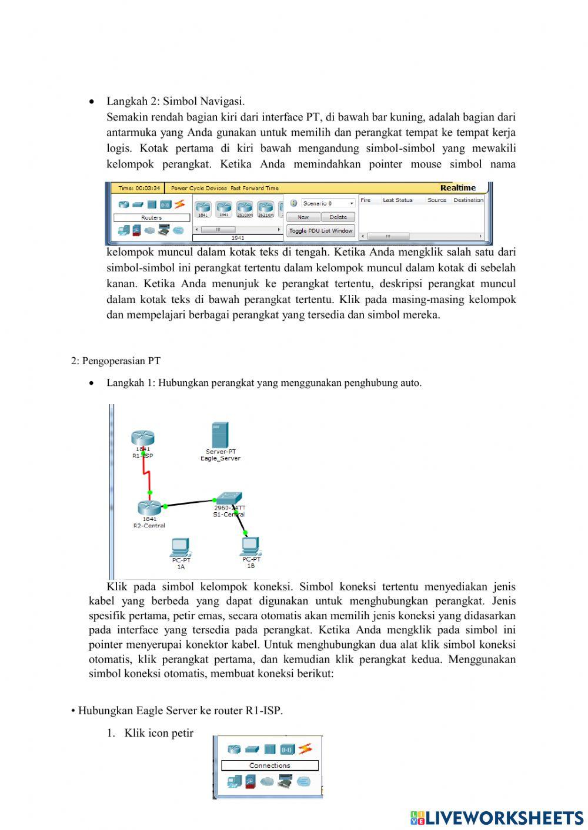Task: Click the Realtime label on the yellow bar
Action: click(x=457, y=188)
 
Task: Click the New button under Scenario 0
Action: click(x=303, y=217)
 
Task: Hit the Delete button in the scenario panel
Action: click(x=338, y=217)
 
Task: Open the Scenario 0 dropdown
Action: click(x=328, y=203)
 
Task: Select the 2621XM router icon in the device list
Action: click(x=265, y=208)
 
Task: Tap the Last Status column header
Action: click(x=397, y=200)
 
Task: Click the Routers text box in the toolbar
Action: click(x=151, y=217)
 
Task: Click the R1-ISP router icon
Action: click(x=142, y=438)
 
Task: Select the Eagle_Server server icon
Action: click(x=220, y=435)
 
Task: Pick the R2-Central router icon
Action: click(x=149, y=508)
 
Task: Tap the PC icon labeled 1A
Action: click(x=180, y=547)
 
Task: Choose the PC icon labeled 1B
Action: click(x=250, y=546)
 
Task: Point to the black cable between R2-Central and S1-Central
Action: click(x=189, y=503)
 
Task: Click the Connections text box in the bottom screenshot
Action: click(x=269, y=765)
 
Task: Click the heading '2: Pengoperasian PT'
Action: click(x=116, y=361)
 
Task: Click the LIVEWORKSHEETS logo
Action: click(x=497, y=818)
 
